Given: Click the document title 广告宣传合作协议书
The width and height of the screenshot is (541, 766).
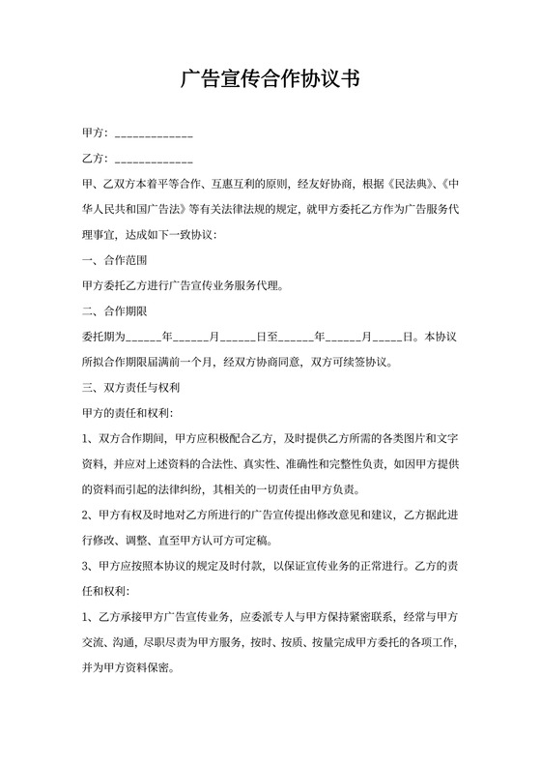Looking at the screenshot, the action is (x=270, y=79).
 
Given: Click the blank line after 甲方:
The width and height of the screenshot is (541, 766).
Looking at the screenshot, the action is (x=153, y=133).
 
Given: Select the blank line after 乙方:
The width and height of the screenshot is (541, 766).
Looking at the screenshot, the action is (x=153, y=158).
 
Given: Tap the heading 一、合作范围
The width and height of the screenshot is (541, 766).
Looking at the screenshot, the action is (x=112, y=260).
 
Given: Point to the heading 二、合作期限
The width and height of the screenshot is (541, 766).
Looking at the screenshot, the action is (x=112, y=311).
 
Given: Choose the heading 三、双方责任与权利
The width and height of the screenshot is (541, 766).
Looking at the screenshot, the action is (x=131, y=388).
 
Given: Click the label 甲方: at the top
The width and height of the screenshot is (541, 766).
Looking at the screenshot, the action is (x=95, y=133).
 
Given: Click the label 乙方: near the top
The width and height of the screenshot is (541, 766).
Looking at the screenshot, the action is (x=95, y=158).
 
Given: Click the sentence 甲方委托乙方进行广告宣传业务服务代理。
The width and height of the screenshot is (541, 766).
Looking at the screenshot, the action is (x=184, y=286).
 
